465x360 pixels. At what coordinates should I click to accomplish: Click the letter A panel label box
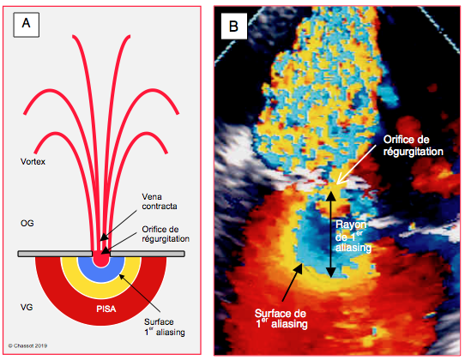[26, 25]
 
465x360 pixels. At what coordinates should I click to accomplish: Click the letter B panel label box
[234, 26]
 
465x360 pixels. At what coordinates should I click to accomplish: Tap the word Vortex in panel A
[33, 162]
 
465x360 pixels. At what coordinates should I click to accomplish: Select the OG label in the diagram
[27, 223]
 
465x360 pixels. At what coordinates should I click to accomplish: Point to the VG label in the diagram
[27, 307]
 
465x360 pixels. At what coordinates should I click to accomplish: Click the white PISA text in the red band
[106, 309]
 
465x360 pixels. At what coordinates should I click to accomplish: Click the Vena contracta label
[160, 201]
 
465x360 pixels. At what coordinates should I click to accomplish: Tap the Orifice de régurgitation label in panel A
[166, 234]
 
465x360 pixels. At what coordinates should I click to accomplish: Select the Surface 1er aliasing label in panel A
[165, 327]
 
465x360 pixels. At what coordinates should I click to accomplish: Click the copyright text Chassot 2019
[27, 345]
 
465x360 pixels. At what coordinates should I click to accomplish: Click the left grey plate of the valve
[55, 254]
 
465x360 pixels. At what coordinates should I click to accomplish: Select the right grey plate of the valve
[148, 254]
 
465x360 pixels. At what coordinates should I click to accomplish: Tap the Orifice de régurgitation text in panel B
[414, 146]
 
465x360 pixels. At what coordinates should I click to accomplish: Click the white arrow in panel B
[356, 165]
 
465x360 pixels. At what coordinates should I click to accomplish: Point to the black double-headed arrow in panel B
[331, 235]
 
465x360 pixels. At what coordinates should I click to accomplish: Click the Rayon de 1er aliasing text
[353, 237]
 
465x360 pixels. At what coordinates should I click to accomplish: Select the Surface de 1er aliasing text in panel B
[281, 319]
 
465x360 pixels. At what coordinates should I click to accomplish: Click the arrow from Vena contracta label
[118, 225]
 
